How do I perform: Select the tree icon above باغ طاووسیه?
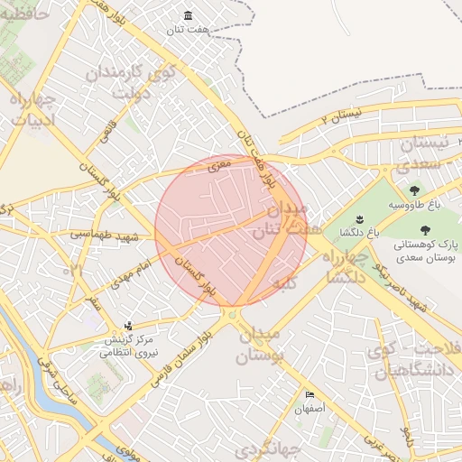(x=414, y=190)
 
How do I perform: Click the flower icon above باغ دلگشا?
(x=358, y=219)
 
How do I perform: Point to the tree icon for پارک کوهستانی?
(x=425, y=230)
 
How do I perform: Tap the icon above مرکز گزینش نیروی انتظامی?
(x=129, y=326)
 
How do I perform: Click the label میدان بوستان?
(x=259, y=344)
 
